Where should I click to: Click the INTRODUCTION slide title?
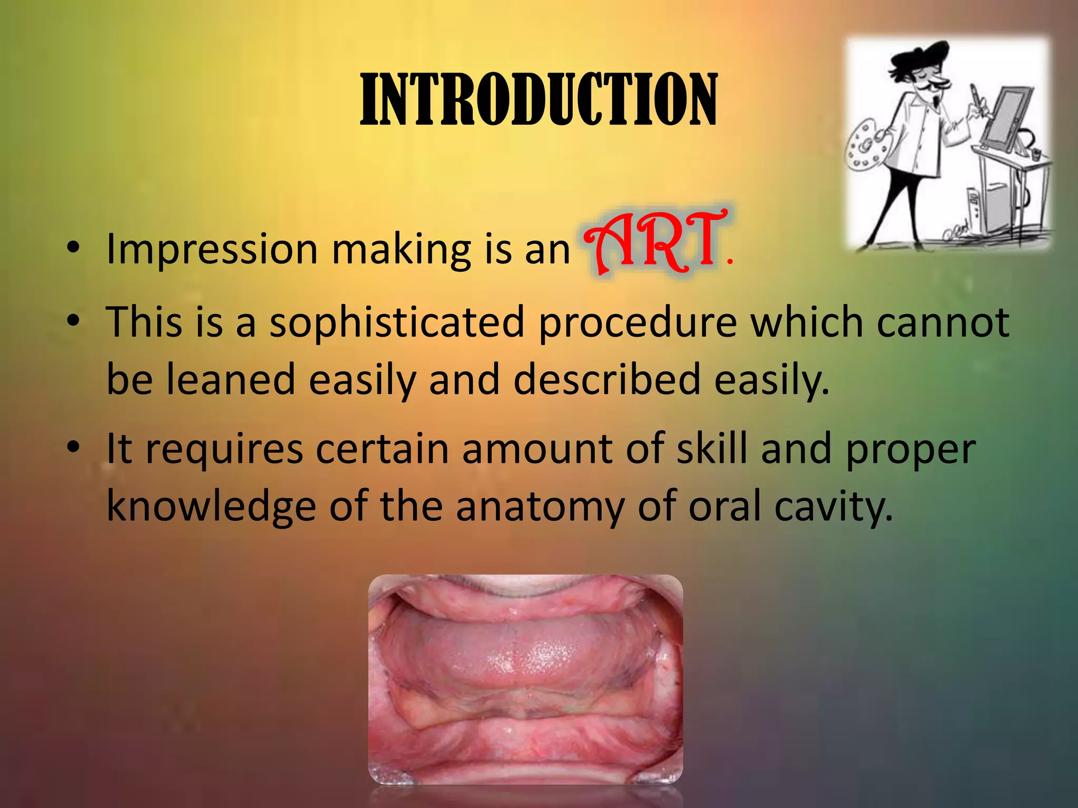click(538, 100)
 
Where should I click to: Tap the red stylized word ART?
click(655, 243)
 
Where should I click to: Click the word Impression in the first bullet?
click(212, 249)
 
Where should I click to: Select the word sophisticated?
click(397, 323)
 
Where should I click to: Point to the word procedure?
click(637, 323)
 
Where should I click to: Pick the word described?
click(606, 380)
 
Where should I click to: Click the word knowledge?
click(211, 507)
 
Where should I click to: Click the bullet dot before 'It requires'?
click(73, 448)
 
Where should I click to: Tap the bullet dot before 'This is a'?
click(73, 320)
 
